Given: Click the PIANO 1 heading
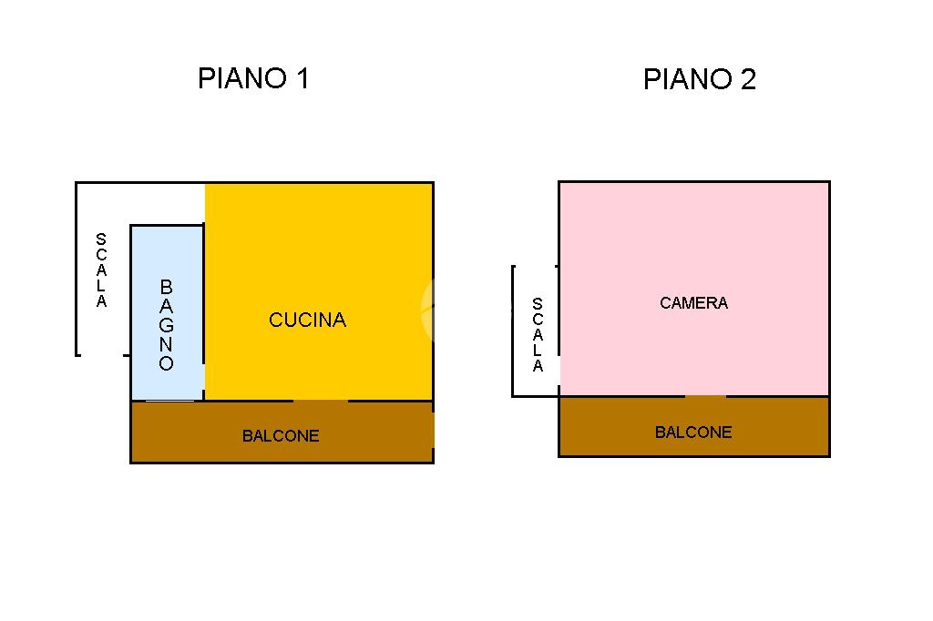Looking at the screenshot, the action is tap(253, 78).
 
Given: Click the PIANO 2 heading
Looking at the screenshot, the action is tap(699, 80).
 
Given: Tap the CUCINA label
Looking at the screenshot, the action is tap(307, 320).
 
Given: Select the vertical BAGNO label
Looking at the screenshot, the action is tap(166, 325).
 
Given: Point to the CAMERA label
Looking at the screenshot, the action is tap(693, 303).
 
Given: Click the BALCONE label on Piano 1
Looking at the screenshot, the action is tap(281, 436).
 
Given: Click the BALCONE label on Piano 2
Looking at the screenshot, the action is tap(693, 433).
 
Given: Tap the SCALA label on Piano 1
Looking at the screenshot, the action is tap(101, 270).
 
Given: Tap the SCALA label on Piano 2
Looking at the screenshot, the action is tap(538, 335).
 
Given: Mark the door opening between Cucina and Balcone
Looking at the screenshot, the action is tap(320, 401).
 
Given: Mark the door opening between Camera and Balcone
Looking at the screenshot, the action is tap(705, 397).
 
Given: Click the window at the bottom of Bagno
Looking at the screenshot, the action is tap(170, 400).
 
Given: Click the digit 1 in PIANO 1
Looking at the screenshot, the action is tap(301, 78).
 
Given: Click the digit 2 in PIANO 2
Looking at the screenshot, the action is tap(747, 80).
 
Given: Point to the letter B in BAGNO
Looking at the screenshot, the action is tap(166, 287).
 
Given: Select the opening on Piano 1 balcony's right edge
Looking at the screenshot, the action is tap(433, 429).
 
